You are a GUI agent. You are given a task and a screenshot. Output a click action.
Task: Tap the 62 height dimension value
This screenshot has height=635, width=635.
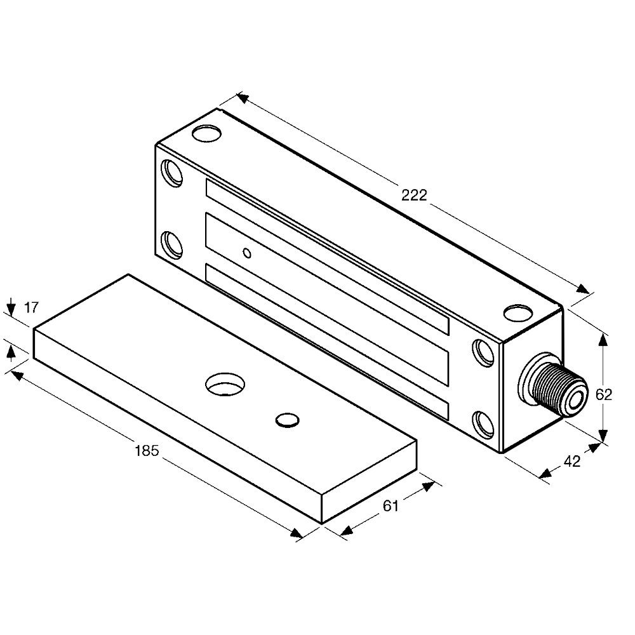[x=604, y=394]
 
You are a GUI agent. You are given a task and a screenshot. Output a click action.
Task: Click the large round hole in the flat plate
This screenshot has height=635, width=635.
[x=225, y=383]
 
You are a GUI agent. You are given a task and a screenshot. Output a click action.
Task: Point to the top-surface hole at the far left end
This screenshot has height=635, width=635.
[x=206, y=134]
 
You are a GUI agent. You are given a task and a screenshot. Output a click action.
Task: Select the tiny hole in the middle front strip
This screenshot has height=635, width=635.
[x=248, y=253]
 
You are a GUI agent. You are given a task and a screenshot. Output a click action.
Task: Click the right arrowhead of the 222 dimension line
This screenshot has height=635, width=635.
[x=583, y=289]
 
